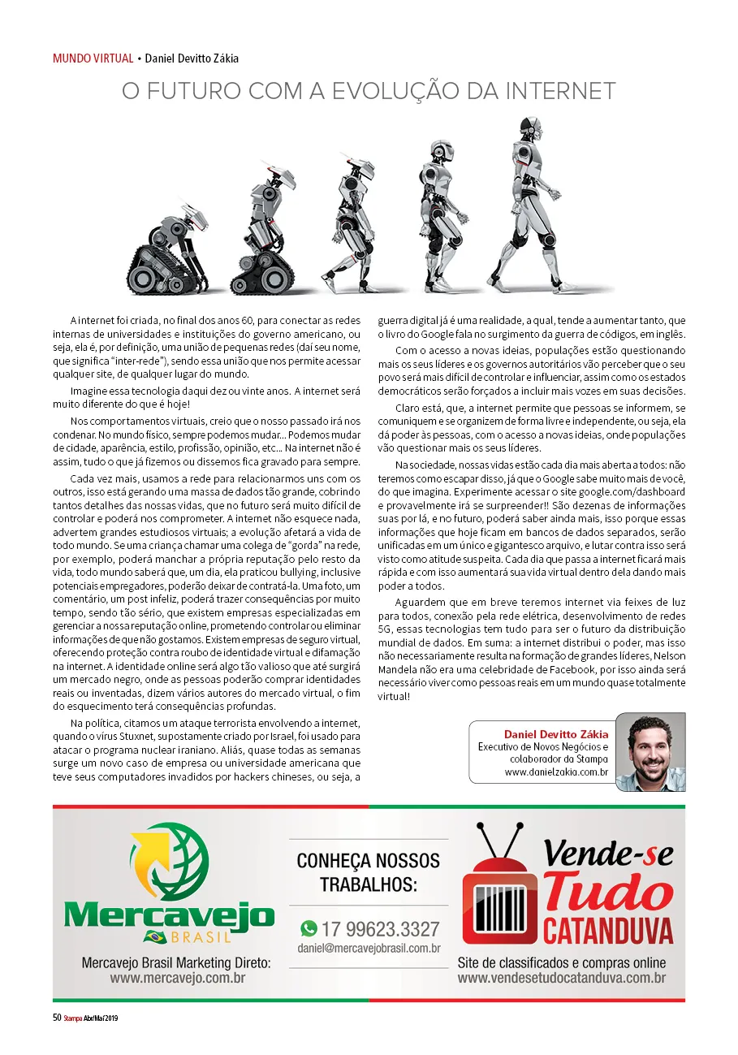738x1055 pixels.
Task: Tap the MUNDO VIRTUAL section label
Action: pyautogui.click(x=93, y=58)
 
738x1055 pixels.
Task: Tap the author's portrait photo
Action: pyautogui.click(x=650, y=751)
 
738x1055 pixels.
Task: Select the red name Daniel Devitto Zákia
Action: pyautogui.click(x=556, y=734)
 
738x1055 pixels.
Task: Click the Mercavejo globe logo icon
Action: pyautogui.click(x=170, y=861)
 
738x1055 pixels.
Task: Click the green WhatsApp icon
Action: pyautogui.click(x=309, y=928)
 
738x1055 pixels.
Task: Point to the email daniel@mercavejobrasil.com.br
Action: pyautogui.click(x=369, y=948)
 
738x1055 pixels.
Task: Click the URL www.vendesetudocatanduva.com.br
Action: pyautogui.click(x=561, y=978)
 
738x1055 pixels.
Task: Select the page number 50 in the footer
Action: pyautogui.click(x=57, y=1018)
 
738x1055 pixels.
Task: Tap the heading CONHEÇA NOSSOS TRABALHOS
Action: pyautogui.click(x=369, y=871)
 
